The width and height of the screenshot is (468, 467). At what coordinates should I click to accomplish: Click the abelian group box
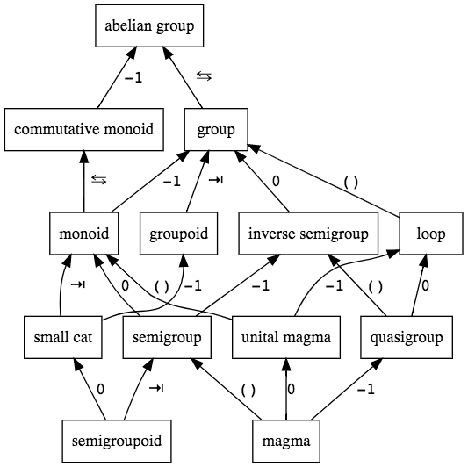tap(149, 25)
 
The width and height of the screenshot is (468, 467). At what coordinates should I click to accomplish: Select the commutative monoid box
tap(84, 130)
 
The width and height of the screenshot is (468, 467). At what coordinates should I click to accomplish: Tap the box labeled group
tap(216, 130)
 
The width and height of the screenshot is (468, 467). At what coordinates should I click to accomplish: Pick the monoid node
tap(84, 233)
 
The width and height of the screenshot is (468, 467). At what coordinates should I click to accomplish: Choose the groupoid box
tap(179, 233)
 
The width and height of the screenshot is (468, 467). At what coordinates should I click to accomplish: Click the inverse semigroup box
tap(308, 233)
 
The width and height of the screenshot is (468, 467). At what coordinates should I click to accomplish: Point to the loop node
tap(431, 233)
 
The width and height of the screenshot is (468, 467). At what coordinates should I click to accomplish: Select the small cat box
tap(63, 337)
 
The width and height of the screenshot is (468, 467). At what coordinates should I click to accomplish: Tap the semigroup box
tap(167, 337)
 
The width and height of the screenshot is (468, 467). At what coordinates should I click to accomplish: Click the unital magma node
tap(286, 337)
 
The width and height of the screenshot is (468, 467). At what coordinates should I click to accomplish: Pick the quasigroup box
tap(407, 337)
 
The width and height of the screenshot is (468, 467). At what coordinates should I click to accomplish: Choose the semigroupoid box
tap(117, 441)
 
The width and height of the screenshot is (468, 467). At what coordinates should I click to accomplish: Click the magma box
tap(286, 441)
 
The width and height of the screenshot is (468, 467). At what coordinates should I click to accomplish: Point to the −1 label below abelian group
tap(133, 78)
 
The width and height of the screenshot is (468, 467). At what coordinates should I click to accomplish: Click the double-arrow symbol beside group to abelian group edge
tap(205, 76)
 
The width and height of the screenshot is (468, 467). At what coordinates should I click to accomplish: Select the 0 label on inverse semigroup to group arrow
tap(276, 181)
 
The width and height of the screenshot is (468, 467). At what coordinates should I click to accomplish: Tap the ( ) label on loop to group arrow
tap(350, 183)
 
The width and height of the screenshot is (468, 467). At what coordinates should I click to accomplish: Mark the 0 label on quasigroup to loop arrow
tap(425, 285)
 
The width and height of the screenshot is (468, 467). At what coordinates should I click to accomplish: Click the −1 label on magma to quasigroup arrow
tap(365, 390)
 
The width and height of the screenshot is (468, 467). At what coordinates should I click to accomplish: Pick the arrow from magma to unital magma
tap(286, 389)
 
